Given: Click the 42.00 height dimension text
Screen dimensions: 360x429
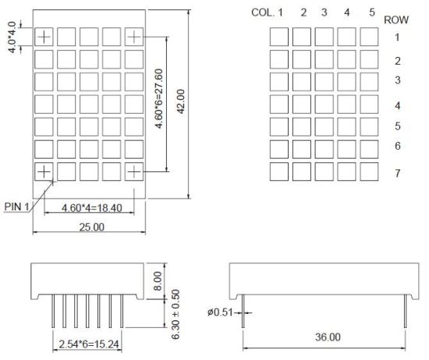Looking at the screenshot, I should [x=180, y=100].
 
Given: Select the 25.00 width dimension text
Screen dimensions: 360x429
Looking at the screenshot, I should [x=89, y=226].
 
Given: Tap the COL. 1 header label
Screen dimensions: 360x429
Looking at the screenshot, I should [x=268, y=12].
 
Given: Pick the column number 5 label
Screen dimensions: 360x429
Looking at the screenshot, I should [x=372, y=12].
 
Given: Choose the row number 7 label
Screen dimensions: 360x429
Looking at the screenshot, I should [x=397, y=174].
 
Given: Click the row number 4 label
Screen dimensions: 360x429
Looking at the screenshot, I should [x=397, y=105].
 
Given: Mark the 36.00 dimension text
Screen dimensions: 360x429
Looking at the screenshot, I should [x=327, y=337].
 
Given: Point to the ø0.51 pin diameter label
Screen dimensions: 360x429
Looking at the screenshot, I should [x=221, y=313].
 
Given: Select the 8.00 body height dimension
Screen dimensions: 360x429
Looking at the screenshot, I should [x=158, y=279].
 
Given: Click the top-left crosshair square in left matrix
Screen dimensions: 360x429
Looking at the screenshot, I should [x=44, y=36].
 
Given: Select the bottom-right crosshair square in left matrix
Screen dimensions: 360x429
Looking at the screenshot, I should [x=134, y=171].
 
